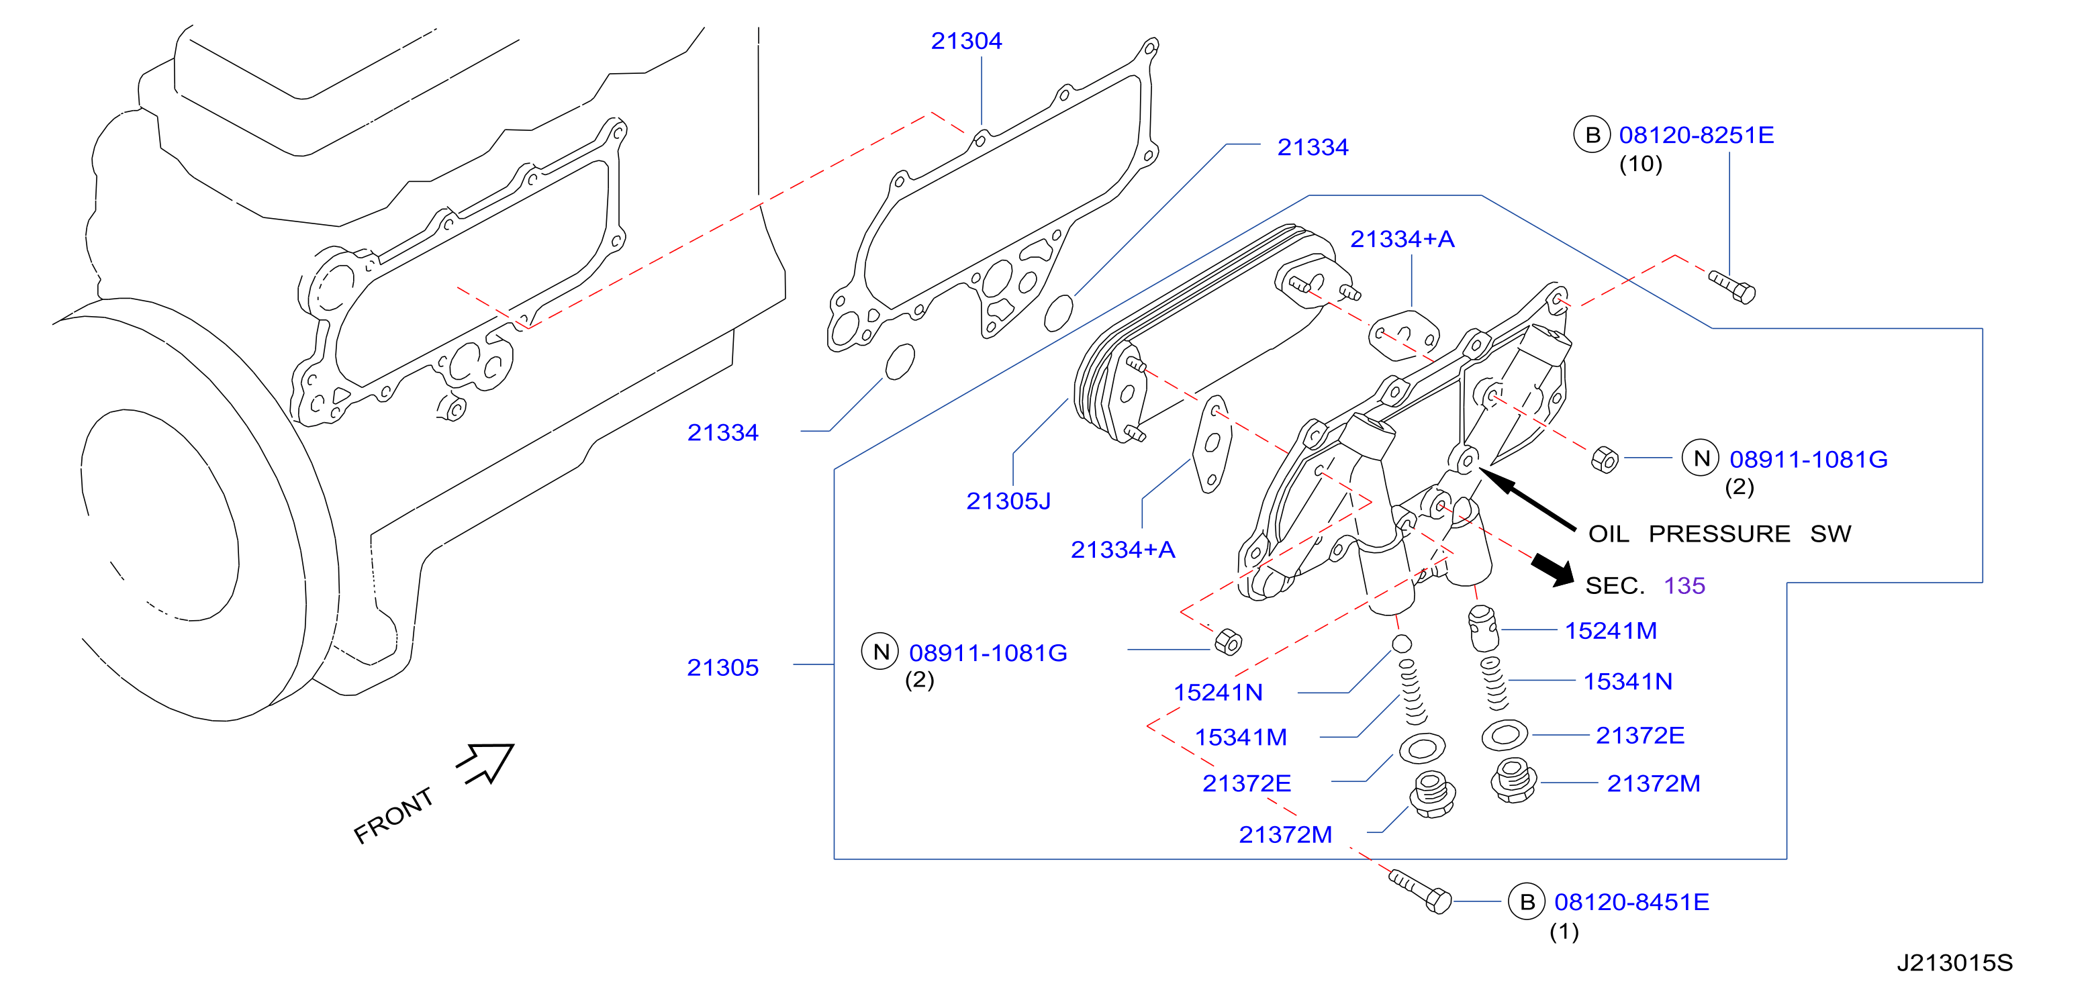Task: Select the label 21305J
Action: coord(1008,501)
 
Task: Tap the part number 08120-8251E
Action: coord(1697,135)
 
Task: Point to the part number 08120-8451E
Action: coord(1631,902)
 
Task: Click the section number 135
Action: coord(1684,585)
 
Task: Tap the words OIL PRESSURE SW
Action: coord(1720,533)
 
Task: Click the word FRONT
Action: coord(393,815)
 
